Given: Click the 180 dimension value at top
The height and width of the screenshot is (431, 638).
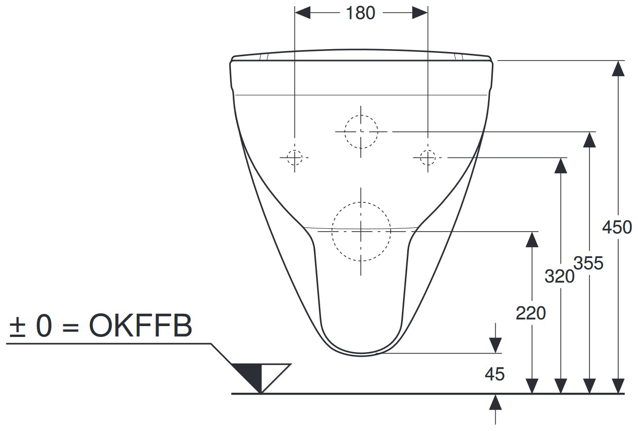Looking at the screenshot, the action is pyautogui.click(x=360, y=13).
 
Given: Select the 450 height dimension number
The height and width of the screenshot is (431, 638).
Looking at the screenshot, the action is pyautogui.click(x=617, y=227).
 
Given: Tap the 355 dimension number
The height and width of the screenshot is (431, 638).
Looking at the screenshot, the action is pyautogui.click(x=588, y=263).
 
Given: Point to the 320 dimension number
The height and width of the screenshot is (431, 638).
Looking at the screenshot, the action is pyautogui.click(x=559, y=276).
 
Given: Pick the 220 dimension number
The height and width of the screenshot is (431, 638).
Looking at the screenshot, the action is pyautogui.click(x=531, y=313).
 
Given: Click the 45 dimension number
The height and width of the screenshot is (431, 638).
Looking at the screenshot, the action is pyautogui.click(x=495, y=374).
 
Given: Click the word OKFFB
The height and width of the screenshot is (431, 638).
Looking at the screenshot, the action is pyautogui.click(x=140, y=326).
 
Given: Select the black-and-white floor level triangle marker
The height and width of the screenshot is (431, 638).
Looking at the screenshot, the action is pyautogui.click(x=261, y=378).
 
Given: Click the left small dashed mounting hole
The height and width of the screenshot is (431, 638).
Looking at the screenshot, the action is pyautogui.click(x=295, y=157).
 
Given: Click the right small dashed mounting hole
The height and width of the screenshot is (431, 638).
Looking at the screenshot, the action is pyautogui.click(x=428, y=157).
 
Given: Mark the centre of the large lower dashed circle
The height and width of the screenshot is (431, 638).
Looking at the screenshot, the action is pyautogui.click(x=361, y=232).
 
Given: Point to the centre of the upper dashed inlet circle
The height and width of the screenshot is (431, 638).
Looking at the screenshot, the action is pyautogui.click(x=361, y=131).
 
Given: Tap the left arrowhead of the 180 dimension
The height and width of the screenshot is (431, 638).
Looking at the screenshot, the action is pyautogui.click(x=303, y=13).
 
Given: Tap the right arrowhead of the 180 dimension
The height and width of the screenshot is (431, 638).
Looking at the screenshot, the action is pyautogui.click(x=420, y=13).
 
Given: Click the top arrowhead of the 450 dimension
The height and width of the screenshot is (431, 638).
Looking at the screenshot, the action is pyautogui.click(x=618, y=69).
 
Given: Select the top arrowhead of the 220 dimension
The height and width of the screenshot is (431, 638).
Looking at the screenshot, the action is pyautogui.click(x=532, y=240).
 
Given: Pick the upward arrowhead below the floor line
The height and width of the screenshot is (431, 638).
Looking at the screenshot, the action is pyautogui.click(x=495, y=402).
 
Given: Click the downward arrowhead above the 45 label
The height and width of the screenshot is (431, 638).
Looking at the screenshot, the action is pyautogui.click(x=495, y=345).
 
